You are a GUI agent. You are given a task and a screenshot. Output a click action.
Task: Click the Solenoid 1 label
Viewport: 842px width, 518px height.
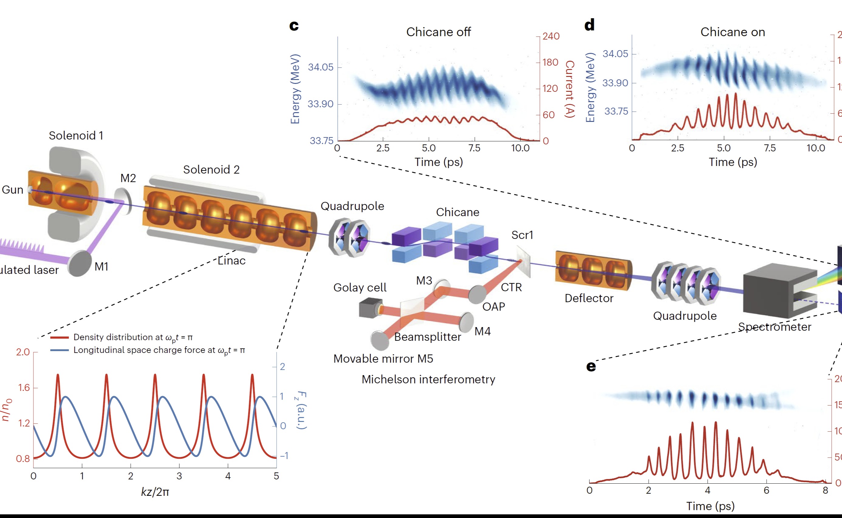click(76, 136)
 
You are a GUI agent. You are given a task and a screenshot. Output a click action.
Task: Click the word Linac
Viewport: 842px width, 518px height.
click(232, 261)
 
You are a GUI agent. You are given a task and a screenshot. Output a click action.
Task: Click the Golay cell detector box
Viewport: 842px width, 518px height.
click(369, 307)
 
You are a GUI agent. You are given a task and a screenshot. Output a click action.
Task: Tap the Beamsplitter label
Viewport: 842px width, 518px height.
click(427, 337)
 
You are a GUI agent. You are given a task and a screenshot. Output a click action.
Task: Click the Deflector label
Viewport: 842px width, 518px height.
click(589, 299)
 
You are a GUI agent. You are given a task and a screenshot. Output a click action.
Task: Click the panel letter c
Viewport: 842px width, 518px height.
click(294, 26)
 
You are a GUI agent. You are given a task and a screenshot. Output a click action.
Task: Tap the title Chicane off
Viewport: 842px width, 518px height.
click(438, 32)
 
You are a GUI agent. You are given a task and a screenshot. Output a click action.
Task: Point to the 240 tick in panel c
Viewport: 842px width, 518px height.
click(551, 36)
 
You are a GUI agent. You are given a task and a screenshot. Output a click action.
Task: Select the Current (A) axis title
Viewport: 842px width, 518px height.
click(570, 89)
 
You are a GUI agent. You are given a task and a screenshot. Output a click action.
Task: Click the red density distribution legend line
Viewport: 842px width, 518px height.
click(60, 338)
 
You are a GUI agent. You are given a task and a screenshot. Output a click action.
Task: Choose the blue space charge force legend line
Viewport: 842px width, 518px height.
click(60, 351)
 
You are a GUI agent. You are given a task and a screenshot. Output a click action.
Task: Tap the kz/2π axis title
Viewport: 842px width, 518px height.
click(155, 492)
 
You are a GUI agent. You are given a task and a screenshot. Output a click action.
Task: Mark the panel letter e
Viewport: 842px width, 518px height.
click(591, 367)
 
